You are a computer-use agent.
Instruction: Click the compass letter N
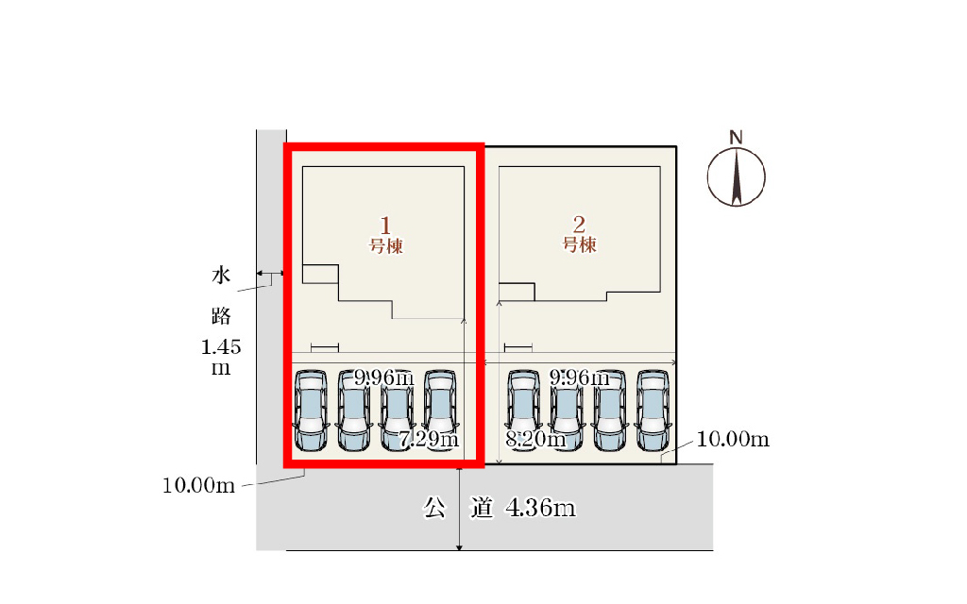(736, 137)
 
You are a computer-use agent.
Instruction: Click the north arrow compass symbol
(737, 176)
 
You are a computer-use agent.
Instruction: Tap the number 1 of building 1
(385, 226)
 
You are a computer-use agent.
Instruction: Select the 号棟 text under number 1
(386, 246)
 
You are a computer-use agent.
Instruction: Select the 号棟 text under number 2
(580, 245)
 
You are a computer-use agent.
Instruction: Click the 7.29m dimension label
(429, 439)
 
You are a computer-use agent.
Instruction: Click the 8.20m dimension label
(535, 439)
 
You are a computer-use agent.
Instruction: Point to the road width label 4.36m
(541, 509)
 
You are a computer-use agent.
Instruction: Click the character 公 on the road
(434, 509)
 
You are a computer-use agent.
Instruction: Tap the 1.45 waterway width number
(222, 347)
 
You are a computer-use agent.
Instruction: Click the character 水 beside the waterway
(221, 277)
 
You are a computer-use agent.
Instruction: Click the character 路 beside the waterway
(221, 314)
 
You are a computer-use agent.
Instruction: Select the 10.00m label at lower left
(198, 486)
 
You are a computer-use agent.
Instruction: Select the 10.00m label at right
(734, 440)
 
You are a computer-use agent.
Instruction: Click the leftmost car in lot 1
(310, 410)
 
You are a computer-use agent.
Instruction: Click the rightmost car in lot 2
(653, 410)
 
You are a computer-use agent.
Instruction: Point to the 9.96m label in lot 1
(383, 378)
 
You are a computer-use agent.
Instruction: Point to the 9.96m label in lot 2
(578, 378)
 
